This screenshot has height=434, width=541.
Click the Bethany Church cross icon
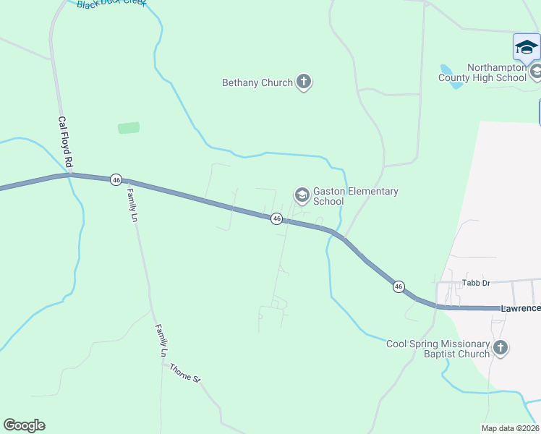pos(304,82)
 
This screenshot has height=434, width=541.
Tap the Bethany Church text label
pos(257,83)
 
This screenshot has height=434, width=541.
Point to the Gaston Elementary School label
pos(355,197)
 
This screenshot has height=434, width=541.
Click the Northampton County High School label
pos(496,72)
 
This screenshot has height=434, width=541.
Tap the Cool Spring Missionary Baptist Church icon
pos(500,349)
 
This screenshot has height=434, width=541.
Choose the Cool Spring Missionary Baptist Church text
pos(438,349)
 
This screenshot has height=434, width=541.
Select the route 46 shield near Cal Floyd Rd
pos(116,179)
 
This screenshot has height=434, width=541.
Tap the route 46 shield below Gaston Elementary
pos(276,218)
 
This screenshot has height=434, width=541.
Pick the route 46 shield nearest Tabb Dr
pos(399,287)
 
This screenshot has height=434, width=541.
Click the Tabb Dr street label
pos(477,282)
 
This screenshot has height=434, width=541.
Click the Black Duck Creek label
pos(111,4)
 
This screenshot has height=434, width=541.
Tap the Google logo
pos(24,425)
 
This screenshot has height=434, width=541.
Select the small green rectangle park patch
pos(129,128)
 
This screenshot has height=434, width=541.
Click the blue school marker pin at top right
pos(527,48)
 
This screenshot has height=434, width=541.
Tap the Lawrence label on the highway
pos(520,309)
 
